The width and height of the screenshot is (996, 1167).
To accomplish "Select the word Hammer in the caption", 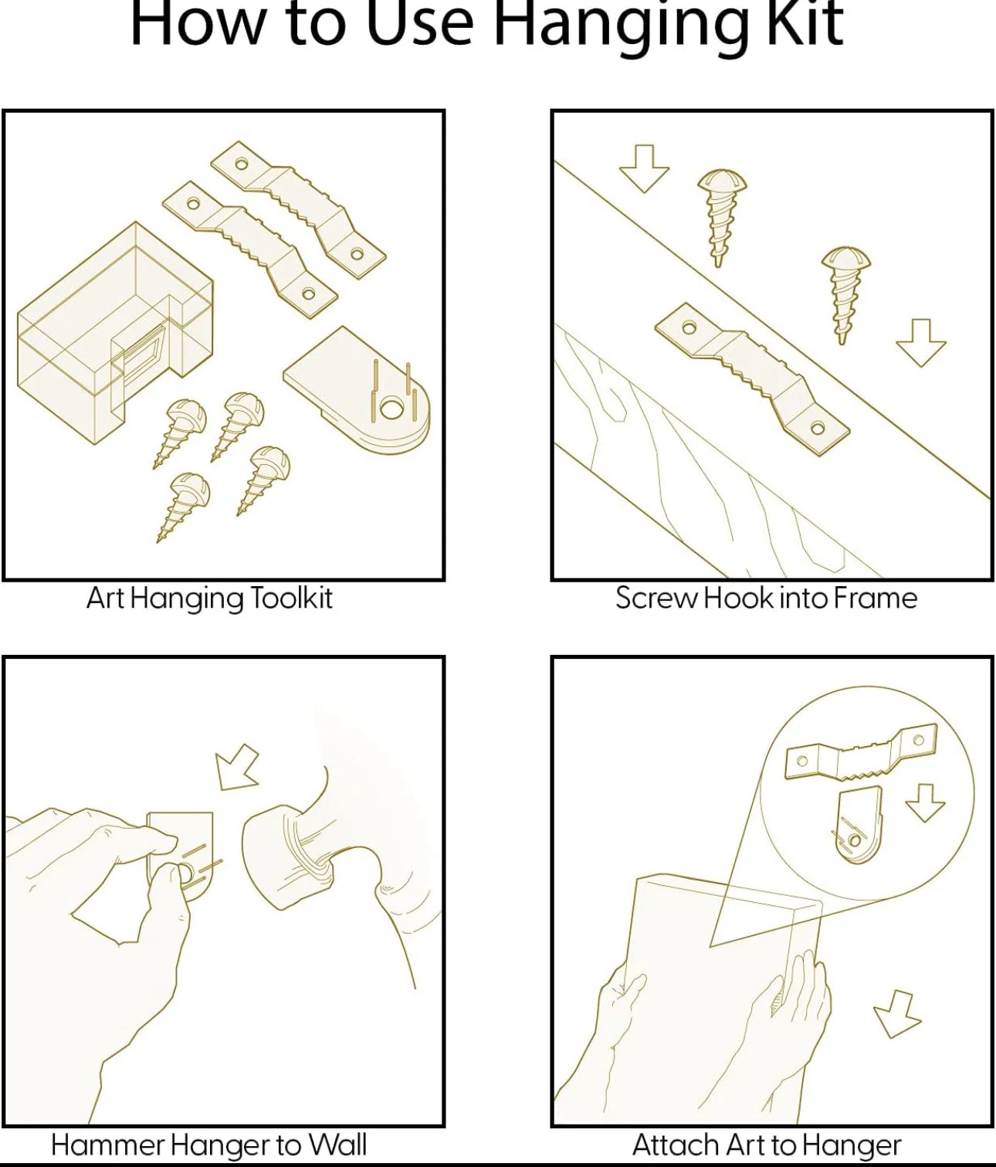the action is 107,1145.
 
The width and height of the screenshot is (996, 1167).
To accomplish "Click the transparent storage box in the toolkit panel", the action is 116,332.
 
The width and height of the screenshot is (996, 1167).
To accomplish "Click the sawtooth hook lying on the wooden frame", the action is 752,379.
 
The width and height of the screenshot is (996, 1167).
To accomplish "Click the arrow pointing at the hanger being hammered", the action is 237,768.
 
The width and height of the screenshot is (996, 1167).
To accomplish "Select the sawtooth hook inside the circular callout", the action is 862,751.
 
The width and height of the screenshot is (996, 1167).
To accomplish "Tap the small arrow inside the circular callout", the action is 925,802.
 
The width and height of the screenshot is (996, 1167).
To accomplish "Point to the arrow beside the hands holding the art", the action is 897,1015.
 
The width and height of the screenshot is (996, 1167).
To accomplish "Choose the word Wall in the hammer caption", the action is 337,1145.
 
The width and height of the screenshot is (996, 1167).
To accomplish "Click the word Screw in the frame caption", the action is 656,598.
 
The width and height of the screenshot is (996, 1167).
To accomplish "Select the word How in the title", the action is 198,25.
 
